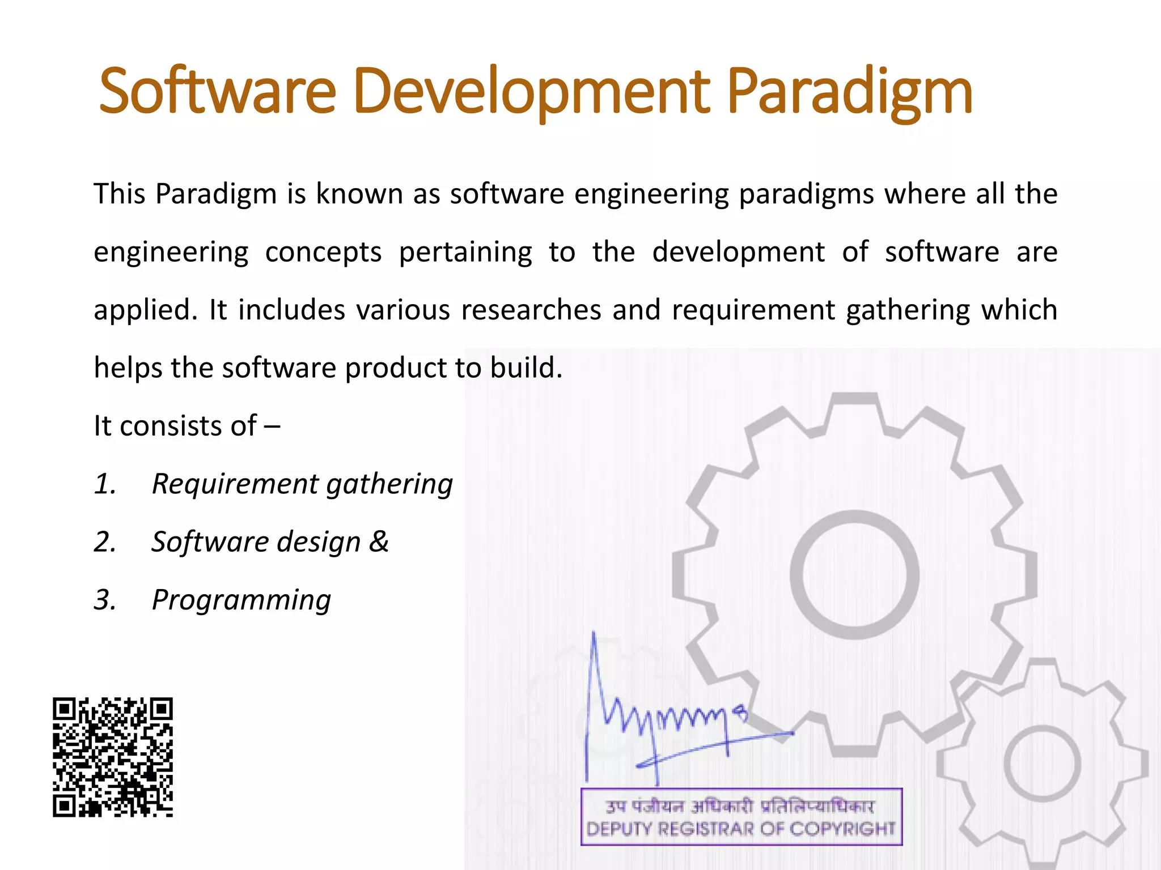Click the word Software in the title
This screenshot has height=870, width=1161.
[218, 91]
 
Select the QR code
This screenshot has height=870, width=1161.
[113, 757]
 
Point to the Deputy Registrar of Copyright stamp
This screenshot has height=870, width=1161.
[741, 817]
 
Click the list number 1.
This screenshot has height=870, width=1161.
[105, 484]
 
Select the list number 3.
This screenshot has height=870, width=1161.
[105, 600]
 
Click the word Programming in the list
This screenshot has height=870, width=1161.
[241, 601]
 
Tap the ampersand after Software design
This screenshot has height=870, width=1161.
[379, 541]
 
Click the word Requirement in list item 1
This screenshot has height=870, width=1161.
[236, 484]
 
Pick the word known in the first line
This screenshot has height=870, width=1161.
[359, 194]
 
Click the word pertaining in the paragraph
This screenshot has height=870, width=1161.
[465, 253]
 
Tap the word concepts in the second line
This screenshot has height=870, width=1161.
[323, 253]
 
